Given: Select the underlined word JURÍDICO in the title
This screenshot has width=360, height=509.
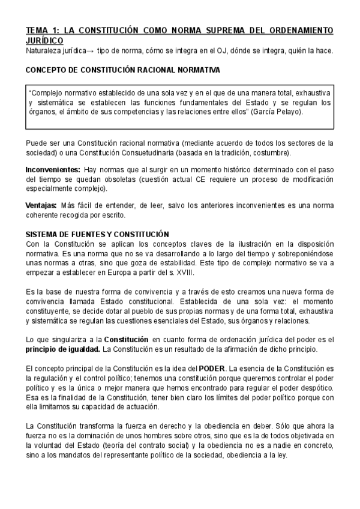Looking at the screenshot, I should pyautogui.click(x=45, y=40).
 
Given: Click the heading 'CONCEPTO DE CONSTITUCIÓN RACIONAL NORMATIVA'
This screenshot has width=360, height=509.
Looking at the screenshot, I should pyautogui.click(x=122, y=70).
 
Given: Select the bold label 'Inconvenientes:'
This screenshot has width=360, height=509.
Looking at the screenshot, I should pyautogui.click(x=53, y=170).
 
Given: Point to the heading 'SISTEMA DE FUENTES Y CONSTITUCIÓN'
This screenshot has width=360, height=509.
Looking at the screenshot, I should pyautogui.click(x=97, y=234).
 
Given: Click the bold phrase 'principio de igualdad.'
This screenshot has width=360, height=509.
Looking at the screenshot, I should pyautogui.click(x=63, y=349).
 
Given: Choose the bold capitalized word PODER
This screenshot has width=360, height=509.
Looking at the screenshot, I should pyautogui.click(x=212, y=368).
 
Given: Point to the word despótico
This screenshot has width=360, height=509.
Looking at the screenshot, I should pyautogui.click(x=314, y=387).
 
